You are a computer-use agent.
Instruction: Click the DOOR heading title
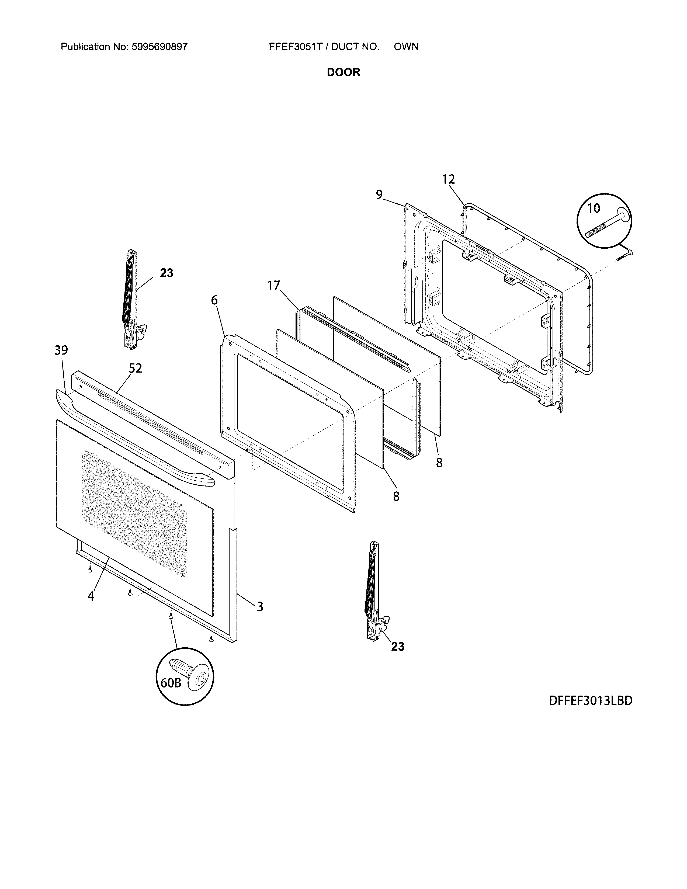point(343,72)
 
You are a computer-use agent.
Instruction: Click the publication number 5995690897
point(159,47)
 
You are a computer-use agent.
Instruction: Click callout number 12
point(449,179)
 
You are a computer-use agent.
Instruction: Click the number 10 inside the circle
point(594,209)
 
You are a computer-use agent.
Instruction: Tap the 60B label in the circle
point(171,683)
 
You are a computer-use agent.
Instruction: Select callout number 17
point(274,286)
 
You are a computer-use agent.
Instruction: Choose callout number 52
point(136,368)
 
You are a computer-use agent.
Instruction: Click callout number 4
point(91,596)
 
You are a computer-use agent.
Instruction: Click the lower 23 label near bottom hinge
point(398,646)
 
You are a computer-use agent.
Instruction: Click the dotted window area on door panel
point(134,509)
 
